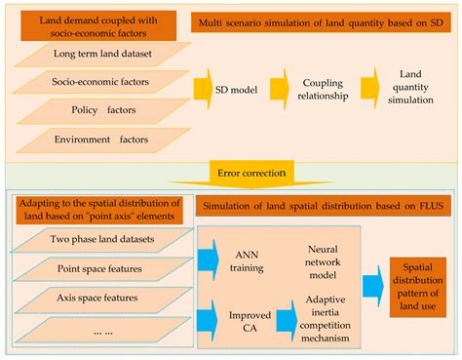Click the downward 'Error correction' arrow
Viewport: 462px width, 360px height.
click(x=230, y=172)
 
